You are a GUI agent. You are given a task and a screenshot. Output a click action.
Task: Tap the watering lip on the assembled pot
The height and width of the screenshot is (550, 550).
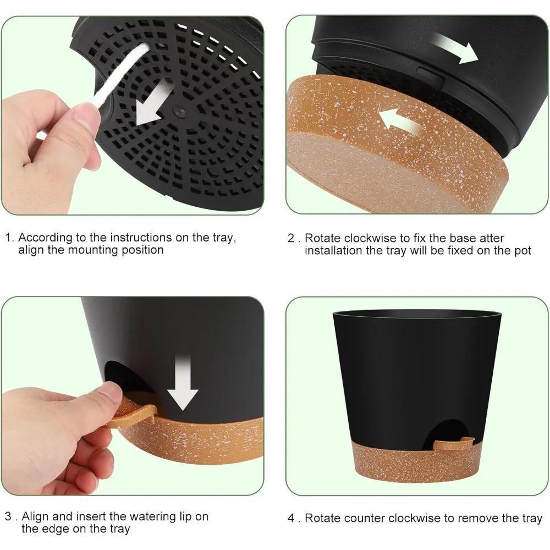tap(454, 443)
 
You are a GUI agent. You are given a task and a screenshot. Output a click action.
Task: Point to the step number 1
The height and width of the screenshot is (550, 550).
tap(9, 238)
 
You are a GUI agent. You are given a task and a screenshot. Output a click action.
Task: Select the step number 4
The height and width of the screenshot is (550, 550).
tap(291, 518)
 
